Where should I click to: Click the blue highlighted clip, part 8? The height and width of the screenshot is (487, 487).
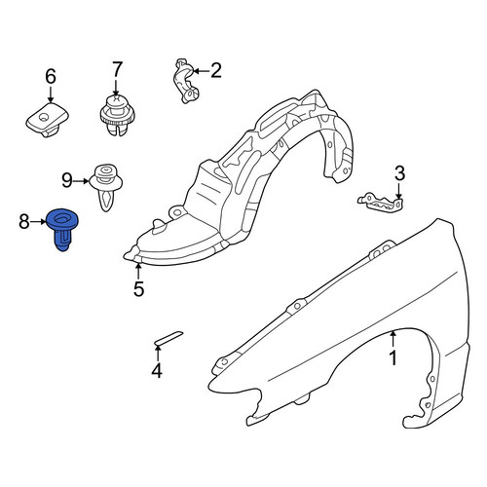pyautogui.click(x=62, y=227)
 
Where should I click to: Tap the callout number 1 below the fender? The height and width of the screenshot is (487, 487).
pyautogui.click(x=393, y=358)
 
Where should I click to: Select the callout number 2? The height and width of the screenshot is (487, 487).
pyautogui.click(x=216, y=70)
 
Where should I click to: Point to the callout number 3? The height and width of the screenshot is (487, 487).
pyautogui.click(x=399, y=173)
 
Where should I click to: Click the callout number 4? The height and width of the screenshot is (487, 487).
pyautogui.click(x=157, y=370)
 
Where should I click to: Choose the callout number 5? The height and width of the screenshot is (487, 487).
pyautogui.click(x=138, y=288)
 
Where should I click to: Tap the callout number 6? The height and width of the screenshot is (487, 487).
pyautogui.click(x=51, y=77)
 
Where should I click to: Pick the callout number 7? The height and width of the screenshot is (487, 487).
pyautogui.click(x=117, y=69)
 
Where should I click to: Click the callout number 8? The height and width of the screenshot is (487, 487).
pyautogui.click(x=24, y=222)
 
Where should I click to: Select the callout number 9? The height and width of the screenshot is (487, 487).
pyautogui.click(x=67, y=180)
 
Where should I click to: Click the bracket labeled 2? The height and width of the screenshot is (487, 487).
pyautogui.click(x=186, y=81)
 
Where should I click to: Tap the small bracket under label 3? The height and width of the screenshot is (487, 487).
pyautogui.click(x=381, y=203)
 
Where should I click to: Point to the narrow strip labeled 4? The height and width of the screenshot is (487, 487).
pyautogui.click(x=169, y=337)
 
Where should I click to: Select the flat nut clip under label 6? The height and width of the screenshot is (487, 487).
pyautogui.click(x=47, y=120)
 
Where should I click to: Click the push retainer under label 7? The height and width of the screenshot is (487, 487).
pyautogui.click(x=117, y=115)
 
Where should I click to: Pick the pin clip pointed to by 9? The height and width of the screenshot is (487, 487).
pyautogui.click(x=105, y=187)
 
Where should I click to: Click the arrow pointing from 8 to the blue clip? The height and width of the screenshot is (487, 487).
pyautogui.click(x=39, y=222)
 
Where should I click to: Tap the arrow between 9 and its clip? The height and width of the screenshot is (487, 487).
pyautogui.click(x=81, y=181)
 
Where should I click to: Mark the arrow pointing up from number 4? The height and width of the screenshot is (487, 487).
pyautogui.click(x=158, y=354)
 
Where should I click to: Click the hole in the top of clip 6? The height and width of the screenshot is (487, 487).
pyautogui.click(x=43, y=117)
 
